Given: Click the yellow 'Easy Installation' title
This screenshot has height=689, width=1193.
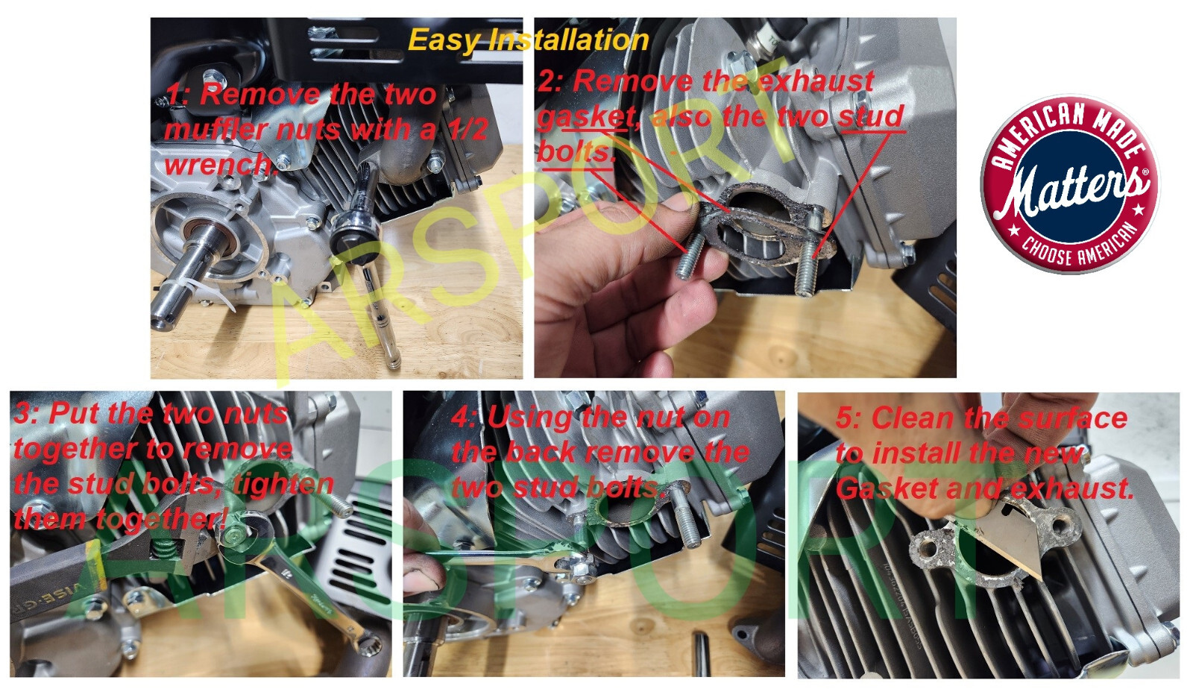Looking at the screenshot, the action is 529,40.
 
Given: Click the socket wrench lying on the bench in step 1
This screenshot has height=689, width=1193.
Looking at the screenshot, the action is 368,261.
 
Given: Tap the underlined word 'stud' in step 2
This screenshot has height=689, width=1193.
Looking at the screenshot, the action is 870,116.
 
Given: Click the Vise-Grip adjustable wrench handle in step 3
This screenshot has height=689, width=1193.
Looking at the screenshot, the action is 53,578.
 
